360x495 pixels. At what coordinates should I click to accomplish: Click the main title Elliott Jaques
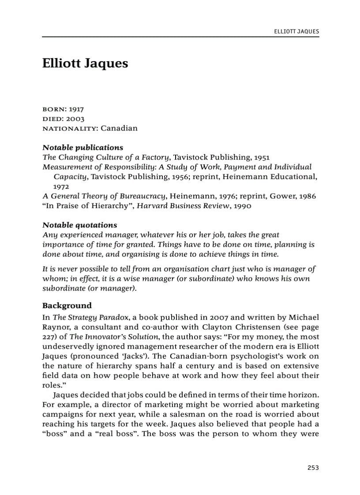pos(85,63)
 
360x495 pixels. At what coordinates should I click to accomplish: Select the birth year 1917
pos(76,109)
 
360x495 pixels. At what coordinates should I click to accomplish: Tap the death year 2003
pos(75,119)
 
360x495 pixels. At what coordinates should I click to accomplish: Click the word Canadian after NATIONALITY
pos(119,129)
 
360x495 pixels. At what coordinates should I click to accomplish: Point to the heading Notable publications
pos(82,147)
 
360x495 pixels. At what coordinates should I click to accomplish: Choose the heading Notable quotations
pos(79,225)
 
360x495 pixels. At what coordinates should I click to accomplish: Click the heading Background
pos(67,305)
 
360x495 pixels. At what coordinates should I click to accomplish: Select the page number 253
pos(313,468)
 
